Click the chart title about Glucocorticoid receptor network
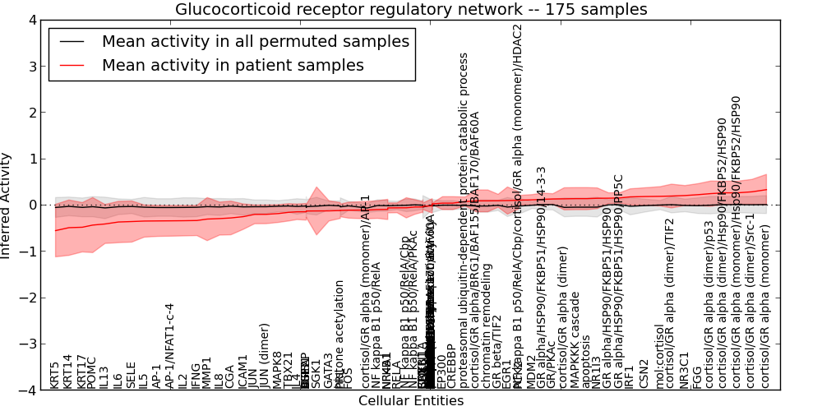pos(411,10)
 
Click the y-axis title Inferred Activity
pos(7,205)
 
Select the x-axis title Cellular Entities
pos(411,401)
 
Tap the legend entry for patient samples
pos(233,66)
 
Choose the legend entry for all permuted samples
pos(255,41)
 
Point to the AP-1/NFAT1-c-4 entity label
pos(170,346)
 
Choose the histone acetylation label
pos(339,334)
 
